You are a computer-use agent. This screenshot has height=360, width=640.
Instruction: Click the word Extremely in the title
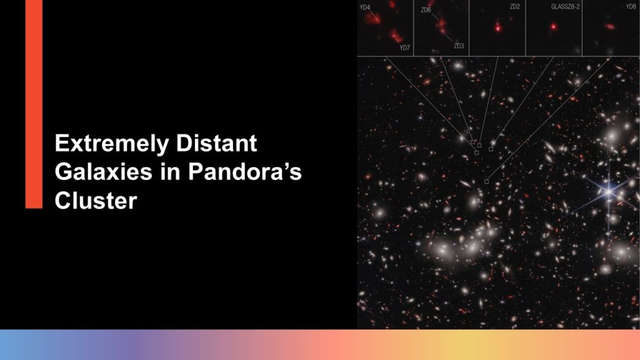111,144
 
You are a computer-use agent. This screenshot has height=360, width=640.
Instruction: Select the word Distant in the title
216,143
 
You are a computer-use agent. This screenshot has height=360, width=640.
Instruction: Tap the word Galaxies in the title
104,172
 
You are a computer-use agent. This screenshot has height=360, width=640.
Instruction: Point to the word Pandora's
245,172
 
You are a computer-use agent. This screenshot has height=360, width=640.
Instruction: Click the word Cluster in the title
96,201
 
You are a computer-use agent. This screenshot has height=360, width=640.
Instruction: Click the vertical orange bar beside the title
34,104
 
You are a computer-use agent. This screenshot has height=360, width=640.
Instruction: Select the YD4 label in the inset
365,7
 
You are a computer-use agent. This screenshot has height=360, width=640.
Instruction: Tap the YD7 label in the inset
404,47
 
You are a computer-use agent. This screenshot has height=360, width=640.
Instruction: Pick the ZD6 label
426,10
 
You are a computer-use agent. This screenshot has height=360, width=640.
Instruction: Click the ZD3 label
459,46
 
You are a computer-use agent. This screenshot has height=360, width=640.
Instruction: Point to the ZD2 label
515,6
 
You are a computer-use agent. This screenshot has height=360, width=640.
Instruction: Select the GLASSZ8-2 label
565,6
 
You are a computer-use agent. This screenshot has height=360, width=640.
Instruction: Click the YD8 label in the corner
631,6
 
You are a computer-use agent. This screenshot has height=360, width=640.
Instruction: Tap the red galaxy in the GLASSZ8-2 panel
554,27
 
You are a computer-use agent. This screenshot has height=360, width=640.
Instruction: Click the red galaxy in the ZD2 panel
497,27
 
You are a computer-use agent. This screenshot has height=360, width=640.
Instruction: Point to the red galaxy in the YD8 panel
610,26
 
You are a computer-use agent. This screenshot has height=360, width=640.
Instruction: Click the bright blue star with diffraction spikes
609,191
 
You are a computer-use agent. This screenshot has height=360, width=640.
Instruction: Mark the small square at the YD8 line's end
486,181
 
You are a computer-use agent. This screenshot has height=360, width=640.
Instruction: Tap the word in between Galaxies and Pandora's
170,172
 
